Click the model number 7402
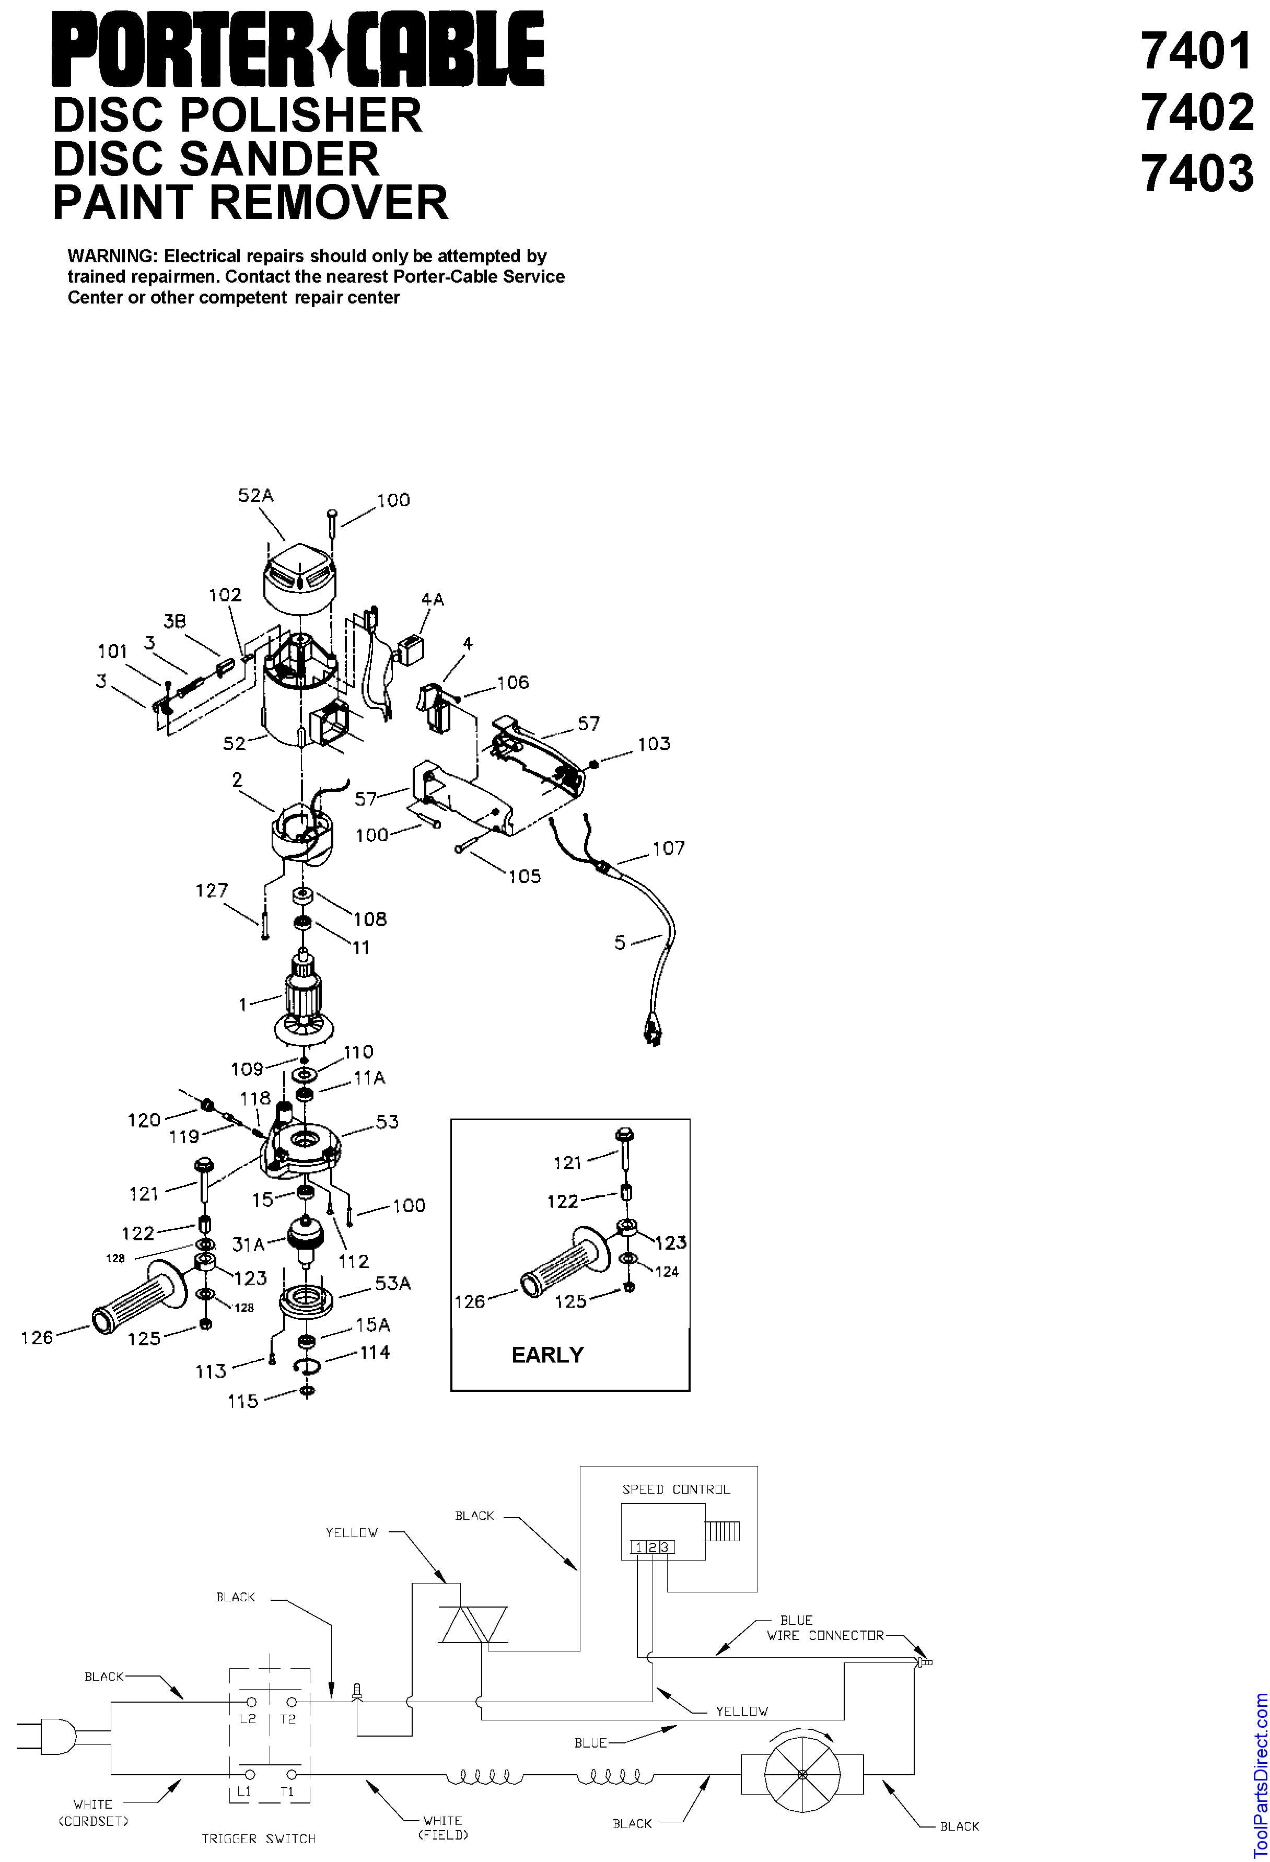(x=1197, y=112)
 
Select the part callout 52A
(x=255, y=495)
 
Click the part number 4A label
(x=432, y=599)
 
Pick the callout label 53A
(x=393, y=1284)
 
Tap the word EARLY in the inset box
(x=547, y=1355)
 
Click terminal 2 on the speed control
(x=651, y=1547)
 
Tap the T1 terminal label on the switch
(x=287, y=1791)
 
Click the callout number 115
(x=243, y=1401)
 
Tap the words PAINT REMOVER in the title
(x=250, y=201)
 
